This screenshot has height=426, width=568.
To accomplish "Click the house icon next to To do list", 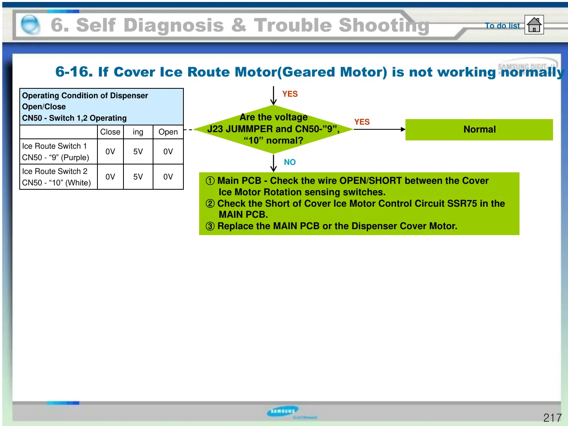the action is (x=534, y=25).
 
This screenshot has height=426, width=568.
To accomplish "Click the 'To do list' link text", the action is (x=502, y=26).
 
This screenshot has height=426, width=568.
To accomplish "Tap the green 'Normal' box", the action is (x=479, y=130).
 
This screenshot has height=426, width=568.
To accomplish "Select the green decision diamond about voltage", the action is (x=273, y=129).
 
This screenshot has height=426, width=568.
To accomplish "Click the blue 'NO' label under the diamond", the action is (x=290, y=162).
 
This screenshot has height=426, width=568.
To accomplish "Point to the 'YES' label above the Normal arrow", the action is (x=362, y=122).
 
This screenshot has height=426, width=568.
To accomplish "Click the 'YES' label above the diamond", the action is (x=290, y=94).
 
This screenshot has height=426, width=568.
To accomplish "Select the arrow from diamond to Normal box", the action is (x=379, y=129).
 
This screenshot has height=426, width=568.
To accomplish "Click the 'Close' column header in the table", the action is (x=110, y=132).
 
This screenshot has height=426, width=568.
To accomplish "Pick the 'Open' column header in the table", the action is (x=168, y=132).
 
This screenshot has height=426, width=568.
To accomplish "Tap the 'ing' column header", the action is (x=138, y=132).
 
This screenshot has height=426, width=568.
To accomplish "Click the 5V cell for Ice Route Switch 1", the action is (x=138, y=151).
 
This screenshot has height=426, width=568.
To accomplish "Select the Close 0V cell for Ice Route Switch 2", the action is (x=110, y=177).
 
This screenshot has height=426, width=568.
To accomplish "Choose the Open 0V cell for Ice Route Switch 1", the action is (x=168, y=151).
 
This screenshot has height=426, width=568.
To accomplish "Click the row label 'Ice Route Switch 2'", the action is (x=54, y=171).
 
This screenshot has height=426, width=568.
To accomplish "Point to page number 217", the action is (x=552, y=417).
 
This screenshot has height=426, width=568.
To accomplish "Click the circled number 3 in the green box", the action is (x=210, y=226).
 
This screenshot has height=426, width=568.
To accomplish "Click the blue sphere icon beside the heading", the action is (x=30, y=25).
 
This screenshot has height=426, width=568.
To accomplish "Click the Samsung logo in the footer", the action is (x=282, y=411).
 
